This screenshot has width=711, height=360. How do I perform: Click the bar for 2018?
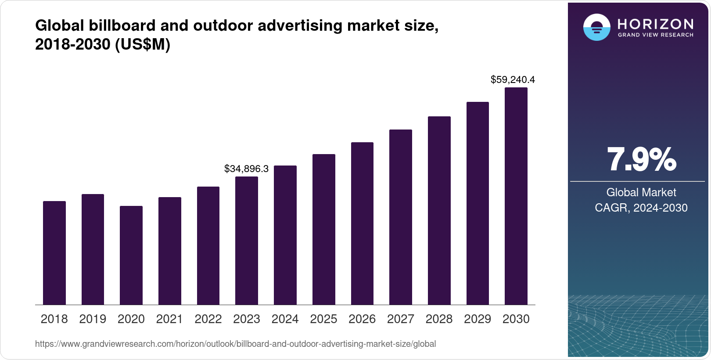[54, 253]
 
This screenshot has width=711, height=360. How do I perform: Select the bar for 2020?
[131, 255]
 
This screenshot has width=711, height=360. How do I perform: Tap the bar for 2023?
[247, 241]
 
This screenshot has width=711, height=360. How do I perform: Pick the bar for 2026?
[362, 223]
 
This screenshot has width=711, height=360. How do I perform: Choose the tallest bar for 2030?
[516, 196]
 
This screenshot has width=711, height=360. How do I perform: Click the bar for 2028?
[439, 211]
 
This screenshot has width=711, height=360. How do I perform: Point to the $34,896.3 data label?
[246, 169]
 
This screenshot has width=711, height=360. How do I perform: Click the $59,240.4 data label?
[513, 79]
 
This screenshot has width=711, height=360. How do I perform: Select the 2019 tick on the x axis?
[93, 319]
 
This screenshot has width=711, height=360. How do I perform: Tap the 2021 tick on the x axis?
[169, 319]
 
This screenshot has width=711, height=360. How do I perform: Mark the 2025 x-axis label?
[323, 319]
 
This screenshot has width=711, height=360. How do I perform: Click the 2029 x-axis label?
[478, 319]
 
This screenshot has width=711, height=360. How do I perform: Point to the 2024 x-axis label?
[285, 319]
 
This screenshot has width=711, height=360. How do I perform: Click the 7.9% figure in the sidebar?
[641, 160]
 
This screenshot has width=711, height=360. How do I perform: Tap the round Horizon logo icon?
[596, 28]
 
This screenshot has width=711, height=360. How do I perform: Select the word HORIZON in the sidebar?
[656, 24]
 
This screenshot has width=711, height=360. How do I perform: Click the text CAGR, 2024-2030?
[641, 208]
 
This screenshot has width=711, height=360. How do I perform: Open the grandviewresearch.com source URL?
[235, 344]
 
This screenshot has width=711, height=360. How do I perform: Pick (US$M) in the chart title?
[143, 44]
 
